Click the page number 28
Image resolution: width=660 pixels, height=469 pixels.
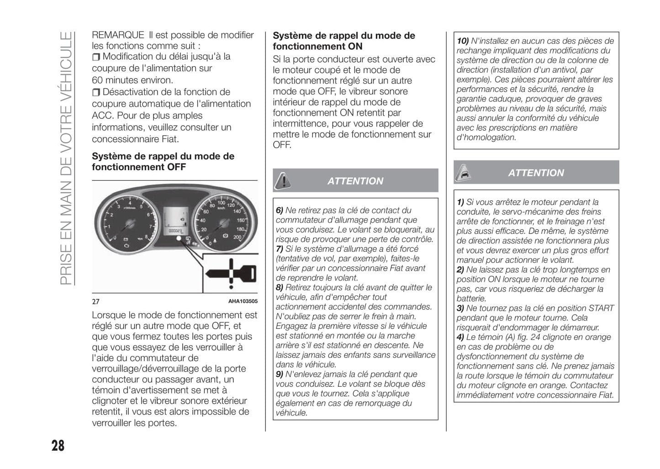(x=58, y=446)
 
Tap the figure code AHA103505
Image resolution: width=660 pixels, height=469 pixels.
(x=243, y=301)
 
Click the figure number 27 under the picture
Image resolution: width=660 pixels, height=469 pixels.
(x=95, y=302)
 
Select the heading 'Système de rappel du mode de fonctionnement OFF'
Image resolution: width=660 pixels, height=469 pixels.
(x=163, y=162)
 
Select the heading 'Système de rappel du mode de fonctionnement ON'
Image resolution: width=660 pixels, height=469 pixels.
(x=343, y=41)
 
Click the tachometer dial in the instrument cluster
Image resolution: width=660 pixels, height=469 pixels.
(x=129, y=224)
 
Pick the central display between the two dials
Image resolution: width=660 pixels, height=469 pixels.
(x=176, y=220)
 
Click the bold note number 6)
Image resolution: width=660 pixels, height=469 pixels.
(x=280, y=210)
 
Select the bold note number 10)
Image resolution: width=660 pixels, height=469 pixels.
(x=463, y=41)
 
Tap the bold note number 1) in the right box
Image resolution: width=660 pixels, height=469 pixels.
(x=460, y=202)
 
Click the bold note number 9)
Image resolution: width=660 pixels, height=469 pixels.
(x=280, y=374)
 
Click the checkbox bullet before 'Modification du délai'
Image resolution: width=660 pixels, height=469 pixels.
(x=96, y=57)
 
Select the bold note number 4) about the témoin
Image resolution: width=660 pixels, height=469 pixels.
(x=460, y=337)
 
